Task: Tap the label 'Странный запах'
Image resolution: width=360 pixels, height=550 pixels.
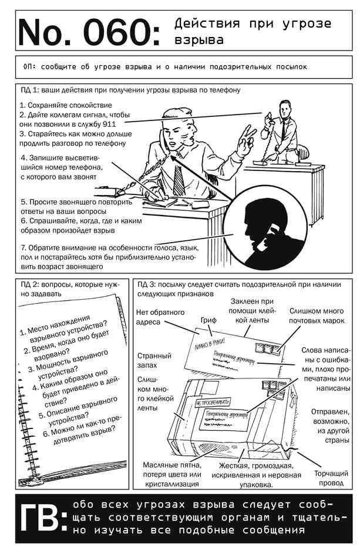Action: pos(154,361)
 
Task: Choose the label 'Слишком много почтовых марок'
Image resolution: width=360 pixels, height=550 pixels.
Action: pos(317,316)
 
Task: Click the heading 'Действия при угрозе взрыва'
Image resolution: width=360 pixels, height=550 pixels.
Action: pos(253,32)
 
